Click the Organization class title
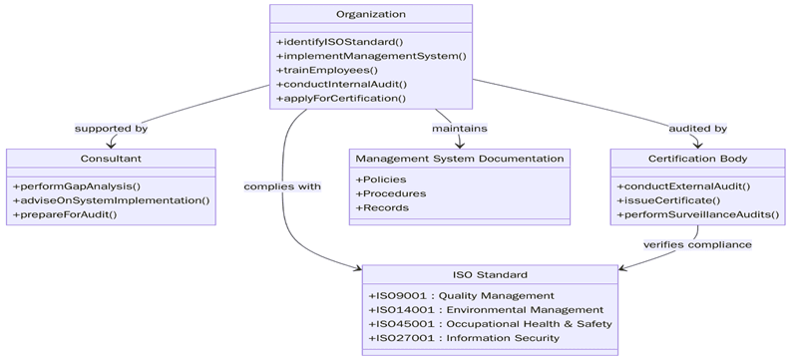click(x=370, y=15)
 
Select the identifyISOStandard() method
click(x=339, y=42)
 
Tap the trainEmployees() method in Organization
click(x=326, y=70)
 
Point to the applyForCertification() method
click(x=340, y=98)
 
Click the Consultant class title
click(x=111, y=159)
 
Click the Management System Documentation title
click(x=459, y=159)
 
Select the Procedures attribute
click(x=390, y=193)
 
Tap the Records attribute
click(x=382, y=207)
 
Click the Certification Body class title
click(x=697, y=159)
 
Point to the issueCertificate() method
click(x=668, y=200)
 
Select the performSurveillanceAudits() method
click(x=698, y=214)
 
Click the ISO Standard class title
click(x=490, y=274)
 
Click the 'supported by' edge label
click(x=111, y=129)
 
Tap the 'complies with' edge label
click(x=282, y=186)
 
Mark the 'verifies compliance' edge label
click(x=697, y=244)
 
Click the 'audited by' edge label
click(x=697, y=129)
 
